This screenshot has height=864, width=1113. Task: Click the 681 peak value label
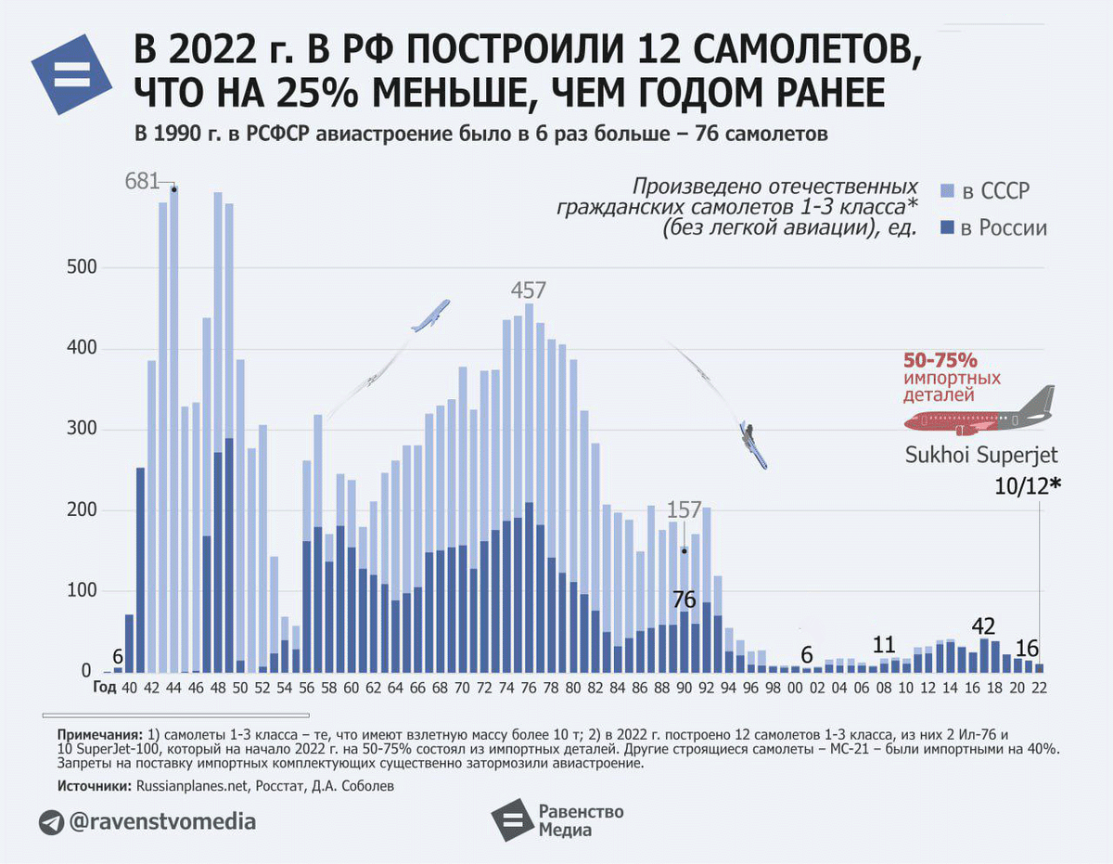pos(143,181)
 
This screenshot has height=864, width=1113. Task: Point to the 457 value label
pos(529,290)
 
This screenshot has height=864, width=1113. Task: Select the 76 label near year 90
pos(684,599)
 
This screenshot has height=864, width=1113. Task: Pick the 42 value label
pos(983,625)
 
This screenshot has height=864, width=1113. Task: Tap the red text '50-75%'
pos(940,360)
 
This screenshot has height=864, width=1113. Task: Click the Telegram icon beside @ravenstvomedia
pos(51,822)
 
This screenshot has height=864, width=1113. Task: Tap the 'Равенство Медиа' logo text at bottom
pos(581,820)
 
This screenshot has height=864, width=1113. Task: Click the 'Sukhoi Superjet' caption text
pos(981,456)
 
